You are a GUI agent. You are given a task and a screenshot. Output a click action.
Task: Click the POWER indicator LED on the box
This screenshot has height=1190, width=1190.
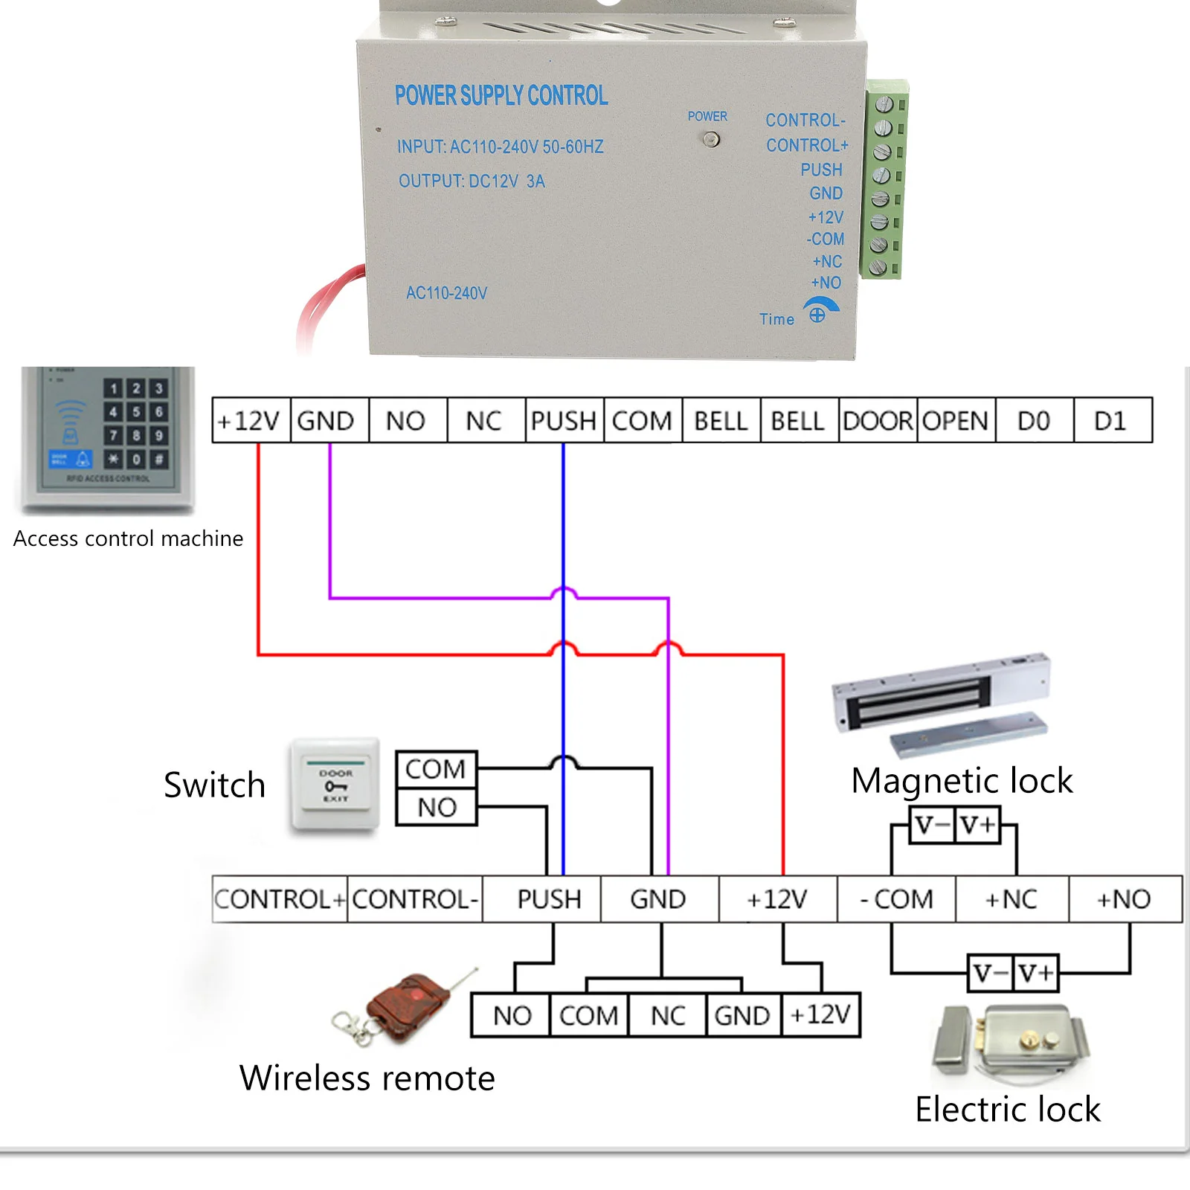tap(712, 139)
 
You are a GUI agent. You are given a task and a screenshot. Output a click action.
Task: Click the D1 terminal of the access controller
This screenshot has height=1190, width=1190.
tap(1111, 421)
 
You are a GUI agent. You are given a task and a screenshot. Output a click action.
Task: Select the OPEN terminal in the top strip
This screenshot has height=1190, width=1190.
tap(956, 421)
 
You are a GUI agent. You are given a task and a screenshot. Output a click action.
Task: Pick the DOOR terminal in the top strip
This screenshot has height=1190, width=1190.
tap(878, 421)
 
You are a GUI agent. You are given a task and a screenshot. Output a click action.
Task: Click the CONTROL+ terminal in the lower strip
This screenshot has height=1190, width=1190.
tap(280, 899)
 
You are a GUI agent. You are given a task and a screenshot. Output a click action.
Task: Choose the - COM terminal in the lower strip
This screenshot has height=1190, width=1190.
tap(896, 899)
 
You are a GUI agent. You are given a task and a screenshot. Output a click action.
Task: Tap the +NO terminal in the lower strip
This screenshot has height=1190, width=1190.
tap(1124, 899)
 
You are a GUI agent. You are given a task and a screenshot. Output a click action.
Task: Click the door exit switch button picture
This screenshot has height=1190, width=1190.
tap(335, 784)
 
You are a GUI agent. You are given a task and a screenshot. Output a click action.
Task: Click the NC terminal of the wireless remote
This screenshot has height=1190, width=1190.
tap(668, 1015)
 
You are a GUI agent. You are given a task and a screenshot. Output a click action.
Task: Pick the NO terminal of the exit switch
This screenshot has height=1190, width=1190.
tap(437, 808)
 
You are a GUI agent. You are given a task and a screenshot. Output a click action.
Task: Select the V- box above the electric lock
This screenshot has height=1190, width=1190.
tap(991, 973)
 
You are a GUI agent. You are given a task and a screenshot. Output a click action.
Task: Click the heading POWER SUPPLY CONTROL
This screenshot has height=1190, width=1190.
tap(501, 95)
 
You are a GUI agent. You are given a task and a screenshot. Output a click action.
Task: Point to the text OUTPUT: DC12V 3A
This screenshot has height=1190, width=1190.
tap(472, 181)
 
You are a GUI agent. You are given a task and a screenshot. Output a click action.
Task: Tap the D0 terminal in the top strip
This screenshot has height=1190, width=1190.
tap(1034, 421)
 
